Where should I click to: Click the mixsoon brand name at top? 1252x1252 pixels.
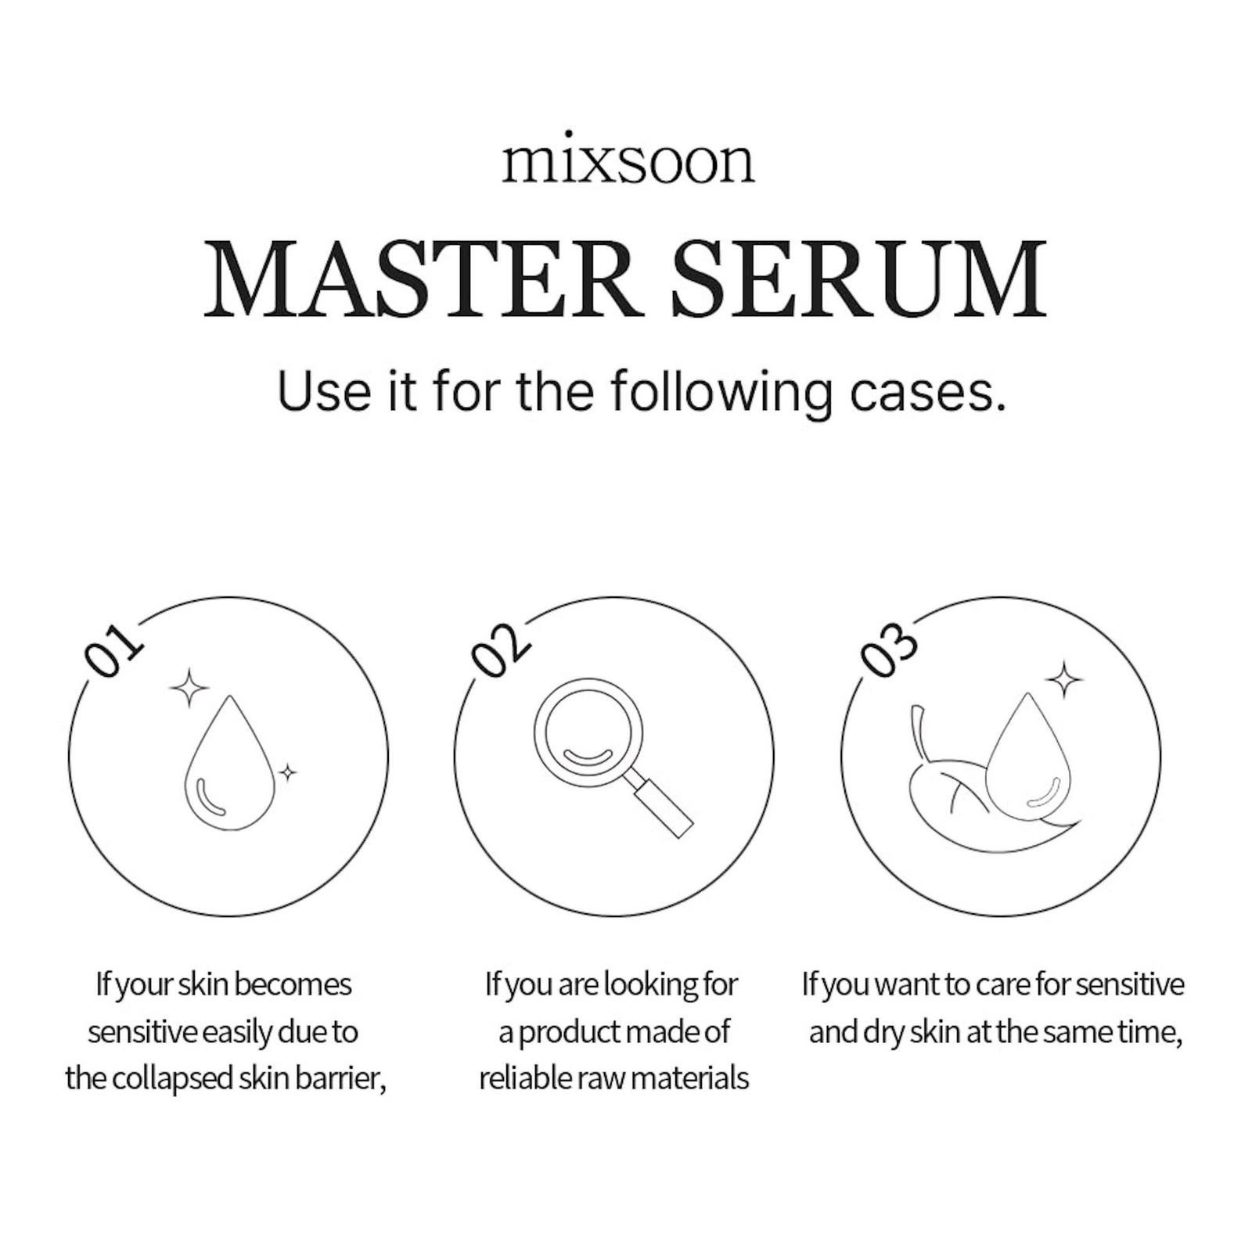(628, 162)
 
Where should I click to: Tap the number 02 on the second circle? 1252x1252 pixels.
(501, 649)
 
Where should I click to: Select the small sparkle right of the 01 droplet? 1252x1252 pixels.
(288, 773)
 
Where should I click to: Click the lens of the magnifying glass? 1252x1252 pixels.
(588, 736)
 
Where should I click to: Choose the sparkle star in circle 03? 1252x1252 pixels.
(1064, 680)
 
